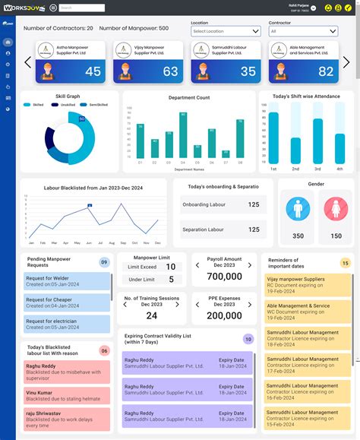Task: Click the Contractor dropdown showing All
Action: click(302, 31)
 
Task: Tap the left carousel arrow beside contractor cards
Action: click(27, 62)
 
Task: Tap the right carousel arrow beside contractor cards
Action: click(346, 62)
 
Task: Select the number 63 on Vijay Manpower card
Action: click(170, 71)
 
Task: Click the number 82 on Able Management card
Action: click(325, 71)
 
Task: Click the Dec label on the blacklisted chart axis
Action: click(157, 242)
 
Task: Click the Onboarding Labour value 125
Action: click(254, 204)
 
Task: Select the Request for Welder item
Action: click(66, 281)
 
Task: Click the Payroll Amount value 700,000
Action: click(224, 277)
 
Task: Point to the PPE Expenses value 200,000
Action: click(224, 315)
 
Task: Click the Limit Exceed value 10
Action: click(171, 267)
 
